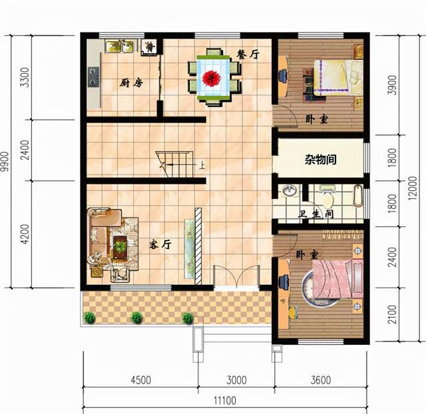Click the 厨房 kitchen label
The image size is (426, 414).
click(131, 83)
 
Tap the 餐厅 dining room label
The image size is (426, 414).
click(248, 55)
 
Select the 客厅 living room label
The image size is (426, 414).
click(160, 244)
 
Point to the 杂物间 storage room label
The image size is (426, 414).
click(321, 160)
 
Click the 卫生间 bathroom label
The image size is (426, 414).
click(316, 214)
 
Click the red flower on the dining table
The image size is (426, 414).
click(212, 78)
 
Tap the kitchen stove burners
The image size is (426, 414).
click(93, 77)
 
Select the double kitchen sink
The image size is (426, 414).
click(120, 46)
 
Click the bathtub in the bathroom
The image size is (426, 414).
click(358, 196)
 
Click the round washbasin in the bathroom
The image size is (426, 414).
click(289, 190)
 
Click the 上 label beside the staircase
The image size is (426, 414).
click(201, 165)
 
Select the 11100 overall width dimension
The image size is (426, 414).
click(225, 401)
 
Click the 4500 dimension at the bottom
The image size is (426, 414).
click(140, 380)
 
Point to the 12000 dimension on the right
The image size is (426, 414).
click(413, 188)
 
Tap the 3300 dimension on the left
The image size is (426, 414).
click(25, 77)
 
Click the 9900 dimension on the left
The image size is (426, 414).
click(5, 162)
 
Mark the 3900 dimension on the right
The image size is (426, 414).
click(392, 85)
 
